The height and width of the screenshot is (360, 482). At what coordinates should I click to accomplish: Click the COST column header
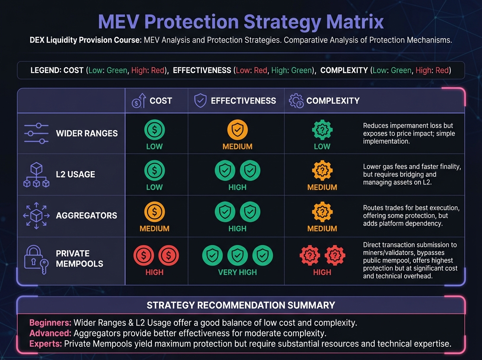pyautogui.click(x=161, y=101)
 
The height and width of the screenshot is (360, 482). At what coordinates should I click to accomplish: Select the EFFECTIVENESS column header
pyautogui.click(x=243, y=101)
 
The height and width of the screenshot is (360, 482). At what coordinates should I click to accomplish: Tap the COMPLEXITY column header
pyautogui.click(x=333, y=101)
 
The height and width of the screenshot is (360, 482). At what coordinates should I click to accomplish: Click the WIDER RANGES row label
pyautogui.click(x=87, y=133)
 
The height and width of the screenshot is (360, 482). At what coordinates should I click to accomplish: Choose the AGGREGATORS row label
pyautogui.click(x=86, y=215)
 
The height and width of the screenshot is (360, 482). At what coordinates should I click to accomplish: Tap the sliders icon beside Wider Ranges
pyautogui.click(x=36, y=133)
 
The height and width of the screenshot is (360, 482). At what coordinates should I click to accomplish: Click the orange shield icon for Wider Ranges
pyautogui.click(x=237, y=130)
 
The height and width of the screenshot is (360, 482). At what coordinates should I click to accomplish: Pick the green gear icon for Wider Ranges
pyautogui.click(x=322, y=130)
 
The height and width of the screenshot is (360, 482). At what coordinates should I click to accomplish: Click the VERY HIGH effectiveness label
pyautogui.click(x=237, y=272)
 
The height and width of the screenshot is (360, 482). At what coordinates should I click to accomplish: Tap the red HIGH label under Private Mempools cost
pyautogui.click(x=154, y=272)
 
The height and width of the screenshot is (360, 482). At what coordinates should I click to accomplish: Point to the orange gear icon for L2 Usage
pyautogui.click(x=322, y=171)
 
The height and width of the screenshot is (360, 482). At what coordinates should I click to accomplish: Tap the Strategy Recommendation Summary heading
pyautogui.click(x=241, y=305)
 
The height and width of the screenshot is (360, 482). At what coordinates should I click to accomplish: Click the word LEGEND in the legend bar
pyautogui.click(x=46, y=70)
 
